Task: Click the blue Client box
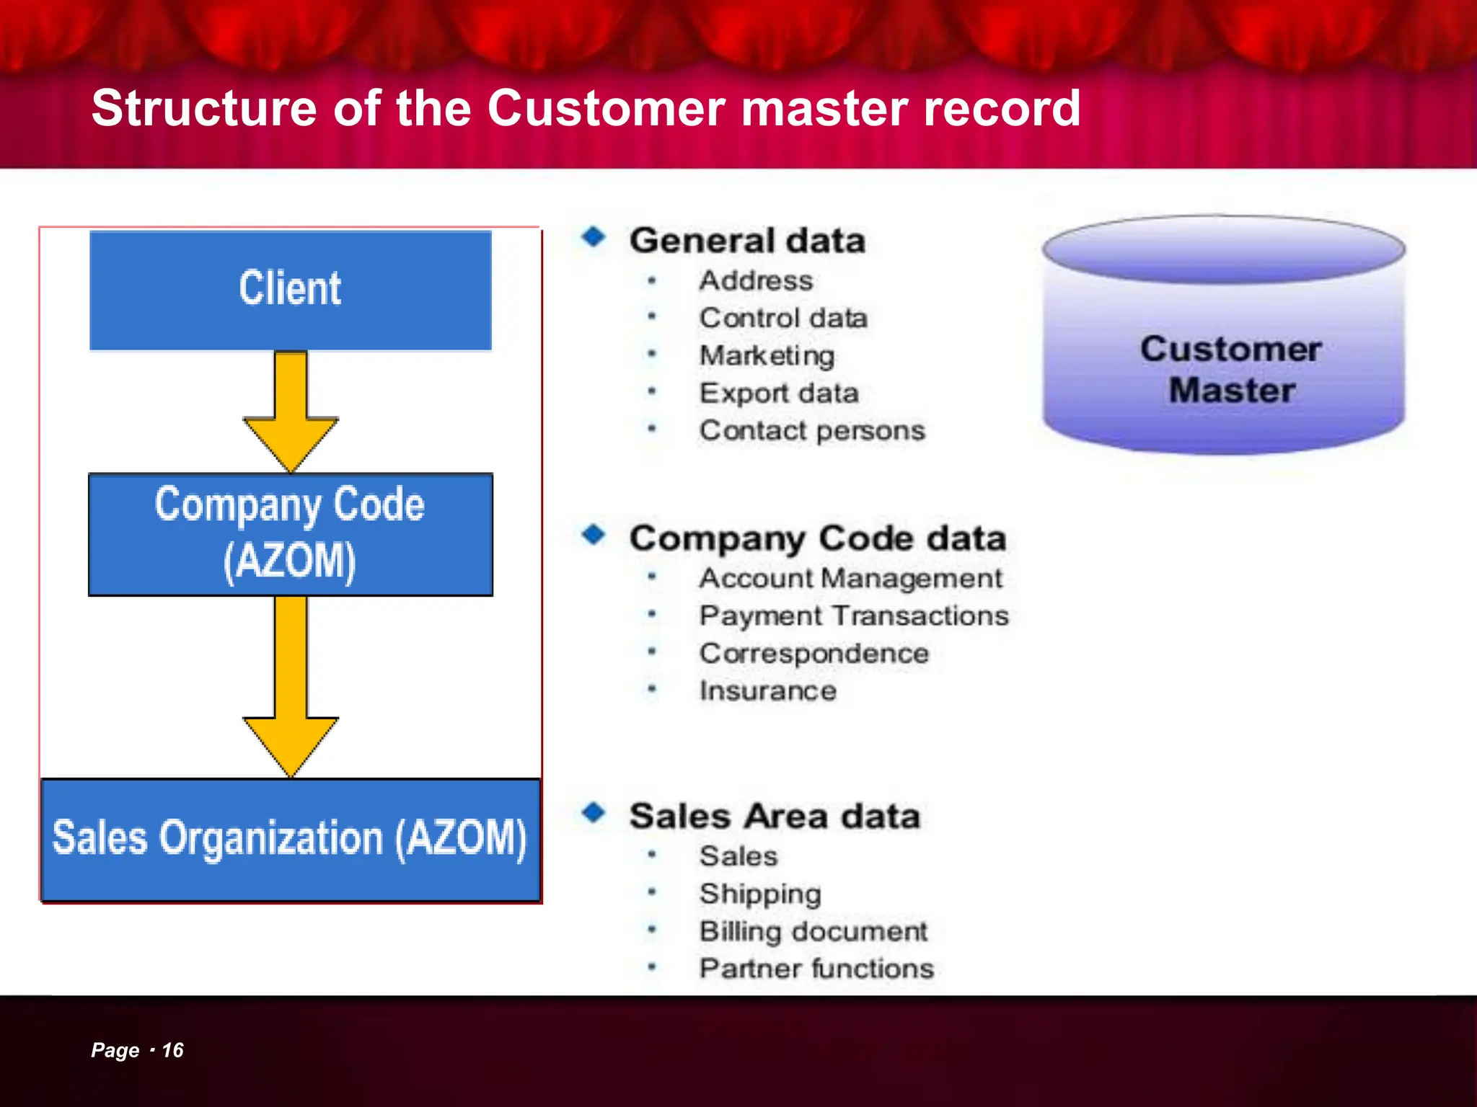click(290, 290)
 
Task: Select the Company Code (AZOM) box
click(290, 534)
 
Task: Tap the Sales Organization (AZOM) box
click(290, 839)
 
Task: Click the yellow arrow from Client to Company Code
click(291, 411)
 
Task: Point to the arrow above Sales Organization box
click(291, 685)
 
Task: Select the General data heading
click(747, 240)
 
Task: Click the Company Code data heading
click(817, 538)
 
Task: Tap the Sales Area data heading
click(774, 816)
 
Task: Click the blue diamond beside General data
click(594, 236)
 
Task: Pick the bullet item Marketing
click(767, 355)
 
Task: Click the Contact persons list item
click(812, 430)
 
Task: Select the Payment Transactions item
click(854, 615)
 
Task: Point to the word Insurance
click(767, 690)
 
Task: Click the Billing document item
click(813, 931)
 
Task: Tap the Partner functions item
click(816, 968)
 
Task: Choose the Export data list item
click(779, 393)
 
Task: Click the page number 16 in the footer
click(172, 1050)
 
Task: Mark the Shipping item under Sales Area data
click(760, 894)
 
